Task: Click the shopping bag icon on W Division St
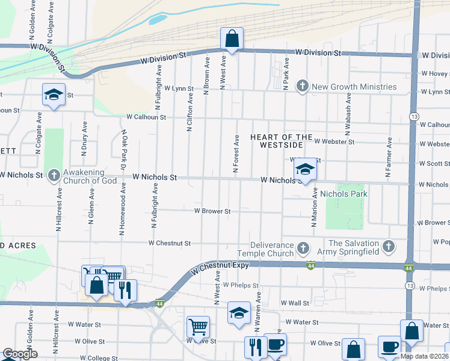pos(232,39)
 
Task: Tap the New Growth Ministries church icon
pos(303,87)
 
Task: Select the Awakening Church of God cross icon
pos(54,175)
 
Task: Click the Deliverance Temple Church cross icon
pos(303,248)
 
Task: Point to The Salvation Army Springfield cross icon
pos(389,247)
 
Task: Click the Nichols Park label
pos(344,194)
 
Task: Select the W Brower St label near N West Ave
pos(212,211)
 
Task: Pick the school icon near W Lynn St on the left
pos(54,95)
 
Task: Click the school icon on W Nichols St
pos(305,170)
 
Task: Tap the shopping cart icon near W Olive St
pos(198,327)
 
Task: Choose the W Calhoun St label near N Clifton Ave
pos(146,117)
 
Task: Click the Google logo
pos(20,354)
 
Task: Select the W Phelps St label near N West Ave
pos(241,285)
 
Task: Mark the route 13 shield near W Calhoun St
pos(413,115)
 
